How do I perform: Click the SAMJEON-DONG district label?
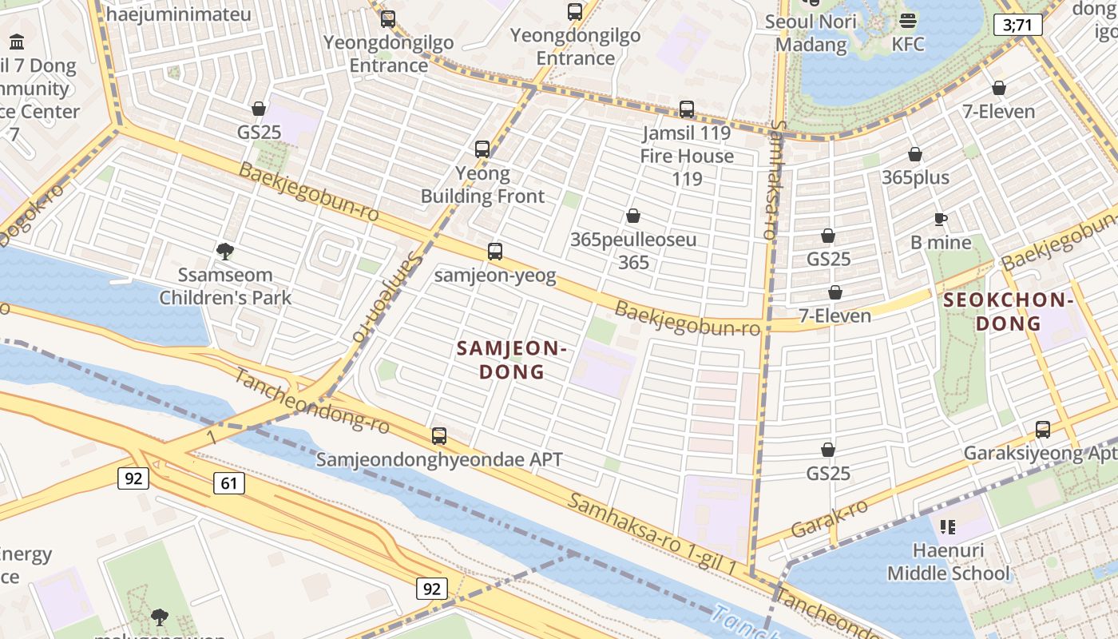pyautogui.click(x=511, y=360)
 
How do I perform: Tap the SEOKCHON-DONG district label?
pyautogui.click(x=1007, y=312)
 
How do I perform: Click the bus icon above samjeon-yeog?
pyautogui.click(x=495, y=252)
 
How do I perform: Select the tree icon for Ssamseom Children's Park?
pyautogui.click(x=225, y=252)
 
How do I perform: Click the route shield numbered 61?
pyautogui.click(x=228, y=483)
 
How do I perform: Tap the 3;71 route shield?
pyautogui.click(x=1018, y=25)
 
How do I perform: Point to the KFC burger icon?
pyautogui.click(x=908, y=20)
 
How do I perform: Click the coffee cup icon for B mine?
pyautogui.click(x=941, y=219)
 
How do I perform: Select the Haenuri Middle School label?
pyautogui.click(x=948, y=562)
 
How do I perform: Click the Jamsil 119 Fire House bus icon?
pyautogui.click(x=687, y=109)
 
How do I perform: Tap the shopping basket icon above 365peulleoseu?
pyautogui.click(x=633, y=216)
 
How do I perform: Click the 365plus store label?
pyautogui.click(x=915, y=177)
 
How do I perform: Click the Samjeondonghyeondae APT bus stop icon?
pyautogui.click(x=439, y=436)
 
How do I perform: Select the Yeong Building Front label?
pyautogui.click(x=482, y=185)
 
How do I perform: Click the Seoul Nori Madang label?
pyautogui.click(x=811, y=33)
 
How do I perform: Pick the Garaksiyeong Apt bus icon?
pyautogui.click(x=1043, y=430)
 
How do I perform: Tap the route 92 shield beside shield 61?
pyautogui.click(x=133, y=478)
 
